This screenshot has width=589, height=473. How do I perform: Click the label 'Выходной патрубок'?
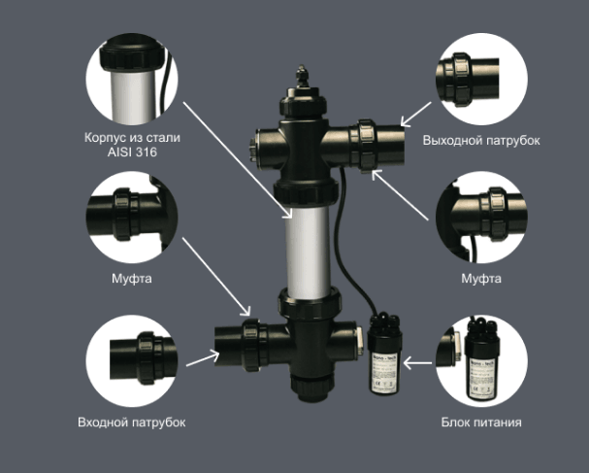tap(481, 140)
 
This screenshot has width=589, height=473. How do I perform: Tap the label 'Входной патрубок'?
tap(131, 422)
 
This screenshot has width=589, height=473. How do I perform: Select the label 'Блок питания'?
tap(481, 422)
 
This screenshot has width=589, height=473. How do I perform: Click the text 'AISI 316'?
tap(132, 152)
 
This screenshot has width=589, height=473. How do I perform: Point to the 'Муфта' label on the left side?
tap(132, 279)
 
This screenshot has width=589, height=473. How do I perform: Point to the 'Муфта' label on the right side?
tap(481, 279)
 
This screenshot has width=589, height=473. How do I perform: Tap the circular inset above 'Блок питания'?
tap(481, 361)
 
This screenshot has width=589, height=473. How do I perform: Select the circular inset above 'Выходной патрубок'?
tap(481, 79)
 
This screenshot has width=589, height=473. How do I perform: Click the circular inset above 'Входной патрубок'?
tap(132, 361)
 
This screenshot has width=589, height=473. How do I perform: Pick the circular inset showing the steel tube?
tap(132, 79)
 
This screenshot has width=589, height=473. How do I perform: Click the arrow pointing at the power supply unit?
tap(417, 363)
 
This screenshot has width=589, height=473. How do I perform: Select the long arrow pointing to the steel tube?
tap(238, 160)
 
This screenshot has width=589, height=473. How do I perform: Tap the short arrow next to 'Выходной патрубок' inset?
tap(416, 115)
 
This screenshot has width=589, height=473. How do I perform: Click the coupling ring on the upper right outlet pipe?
tap(366, 146)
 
